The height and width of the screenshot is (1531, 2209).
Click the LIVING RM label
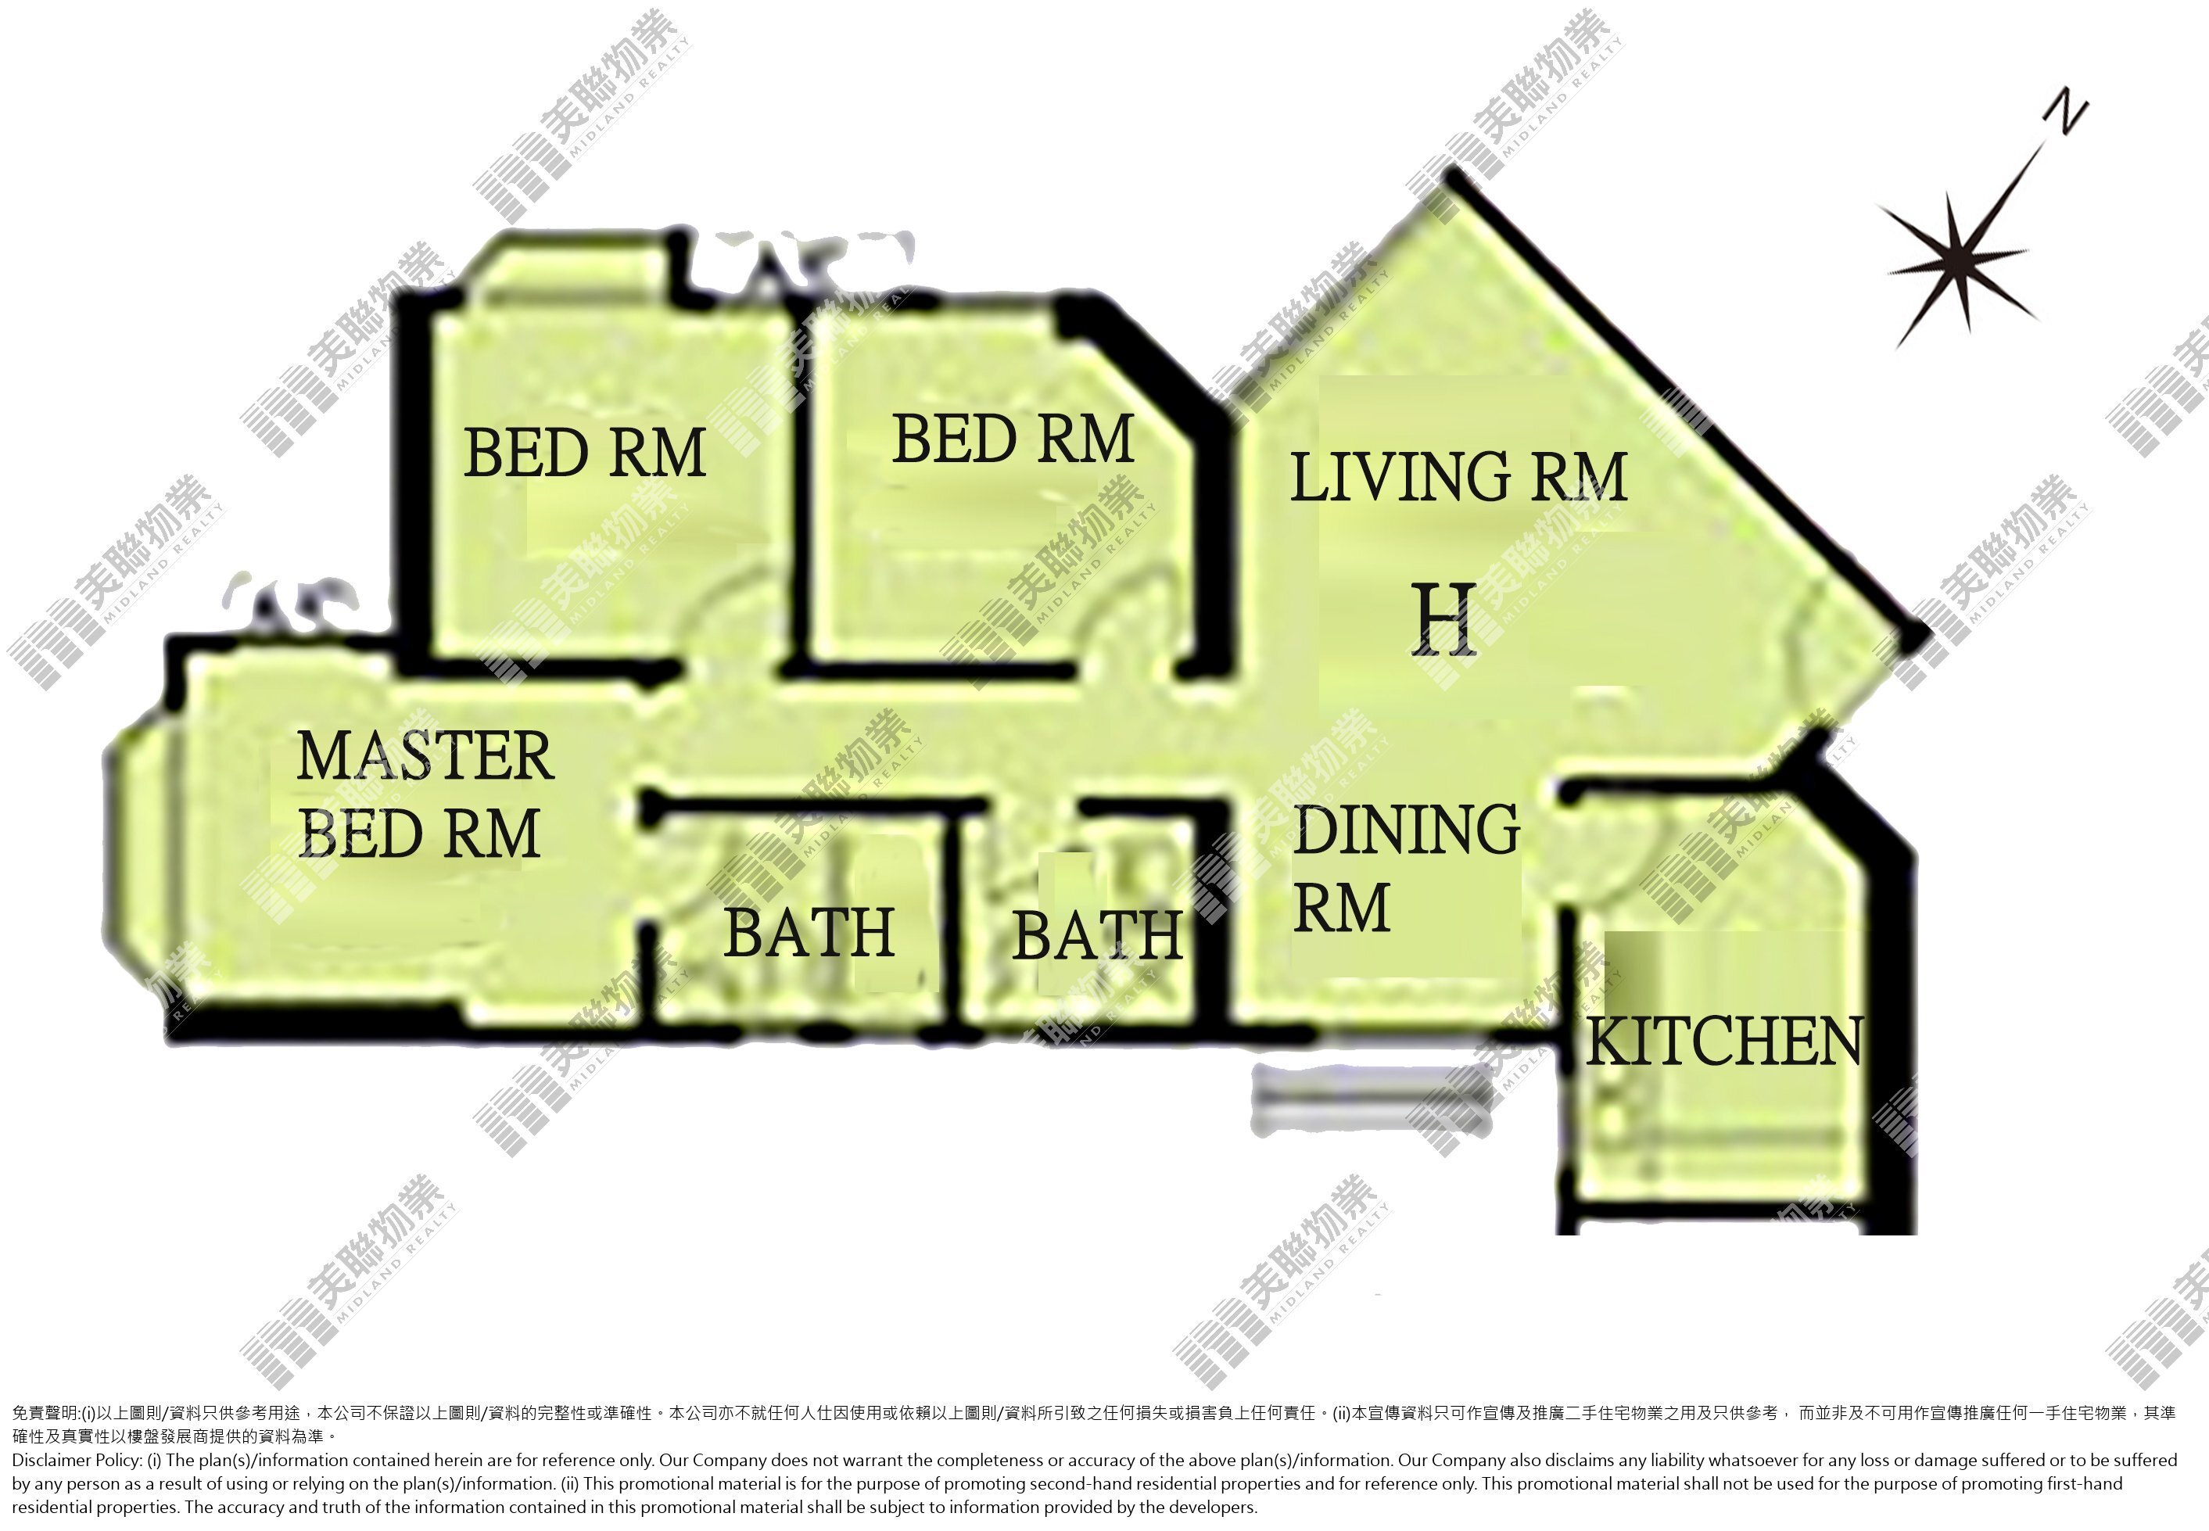(1458, 477)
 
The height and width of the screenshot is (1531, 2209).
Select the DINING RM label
(1405, 869)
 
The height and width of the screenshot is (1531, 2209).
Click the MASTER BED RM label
(425, 794)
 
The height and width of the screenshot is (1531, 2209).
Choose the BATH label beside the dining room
(1096, 935)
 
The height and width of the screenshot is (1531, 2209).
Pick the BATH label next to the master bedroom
(809, 932)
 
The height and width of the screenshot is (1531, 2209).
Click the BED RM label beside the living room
(1013, 439)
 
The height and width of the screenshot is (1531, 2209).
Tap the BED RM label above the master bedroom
(584, 453)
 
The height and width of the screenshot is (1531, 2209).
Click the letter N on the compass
(2065, 113)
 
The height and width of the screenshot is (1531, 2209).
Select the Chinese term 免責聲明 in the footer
(44, 1413)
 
